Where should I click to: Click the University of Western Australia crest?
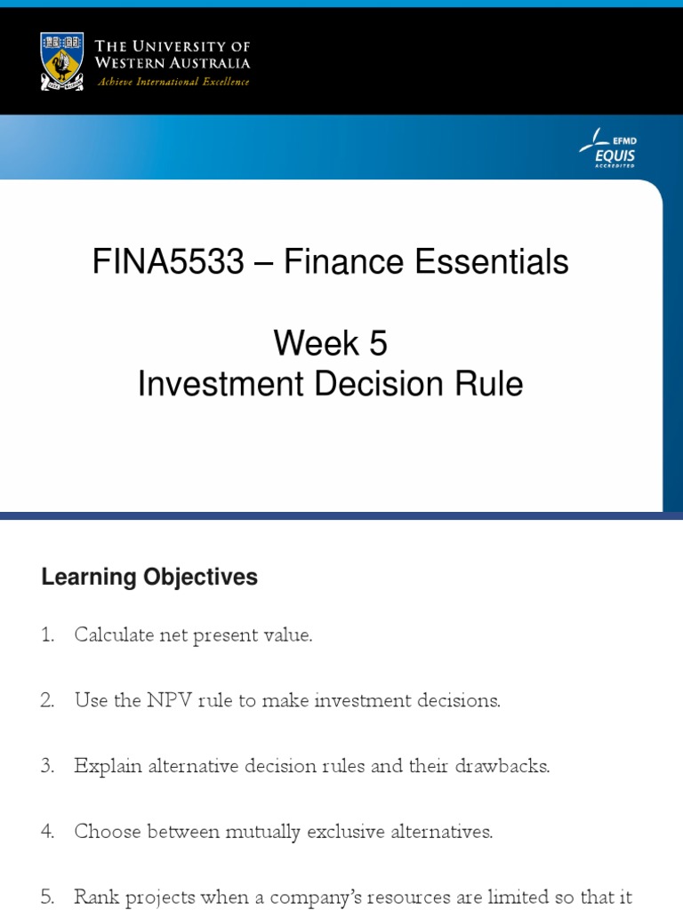tap(62, 60)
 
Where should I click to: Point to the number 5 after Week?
tap(377, 342)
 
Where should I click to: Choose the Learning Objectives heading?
tap(149, 577)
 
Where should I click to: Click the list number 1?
tap(47, 635)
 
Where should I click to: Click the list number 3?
tap(47, 766)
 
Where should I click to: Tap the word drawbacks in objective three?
tap(507, 766)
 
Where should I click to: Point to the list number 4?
tap(47, 832)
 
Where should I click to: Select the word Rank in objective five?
tap(94, 897)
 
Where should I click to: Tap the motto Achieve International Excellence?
tap(173, 82)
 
